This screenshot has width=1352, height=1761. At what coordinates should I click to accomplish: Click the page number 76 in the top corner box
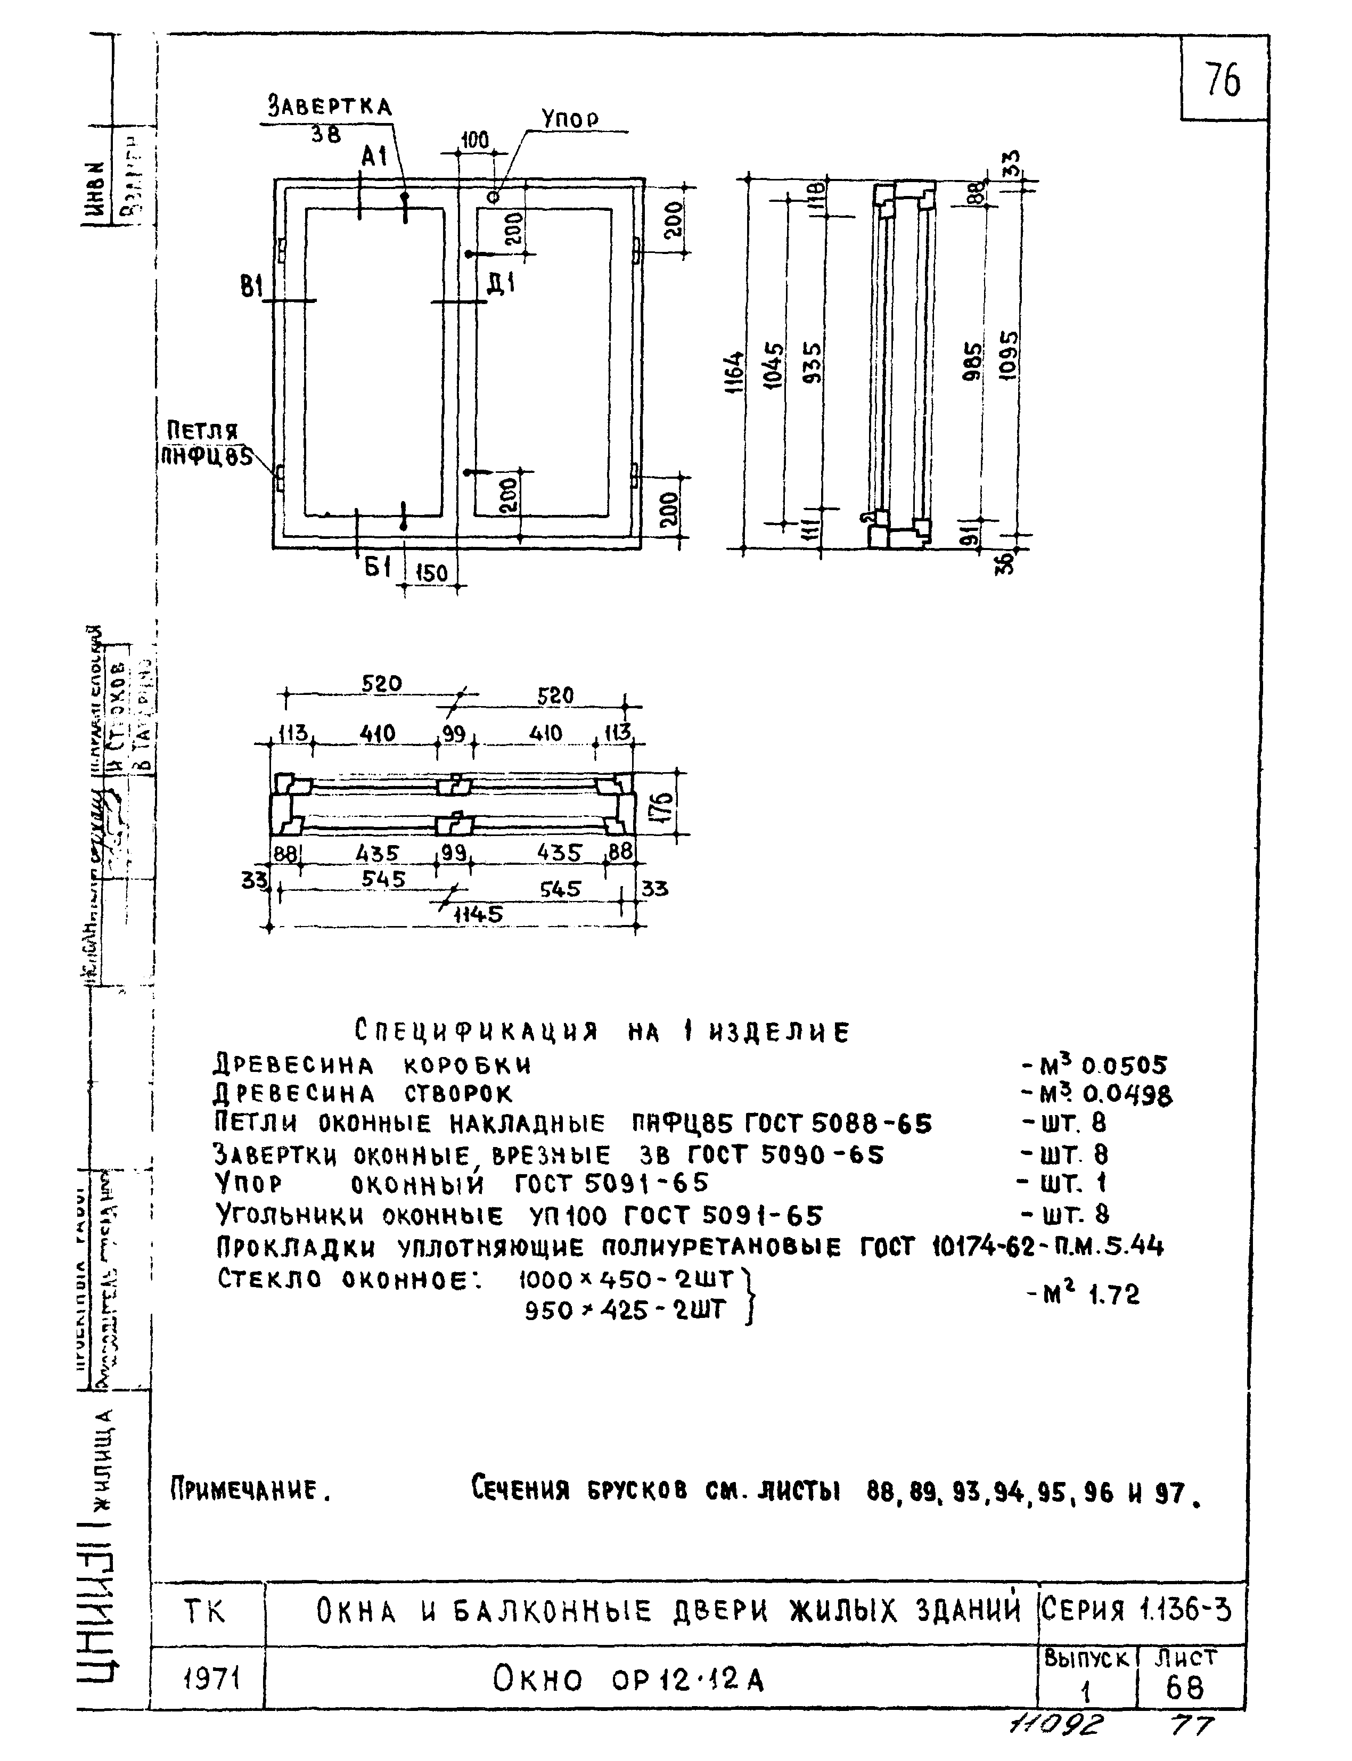click(x=1223, y=80)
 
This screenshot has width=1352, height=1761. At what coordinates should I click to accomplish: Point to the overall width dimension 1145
click(x=478, y=914)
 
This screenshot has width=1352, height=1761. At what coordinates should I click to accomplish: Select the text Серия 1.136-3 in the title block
click(x=1135, y=1610)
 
